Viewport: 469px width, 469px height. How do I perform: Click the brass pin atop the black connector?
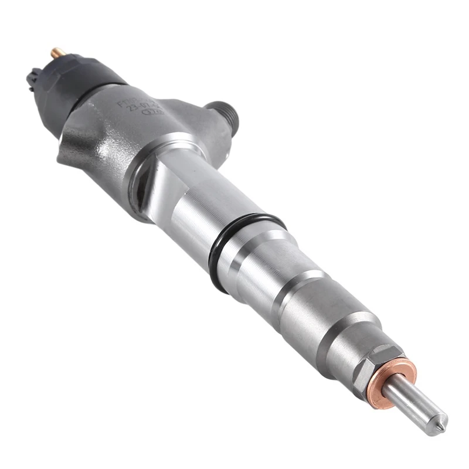pos(58,53)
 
